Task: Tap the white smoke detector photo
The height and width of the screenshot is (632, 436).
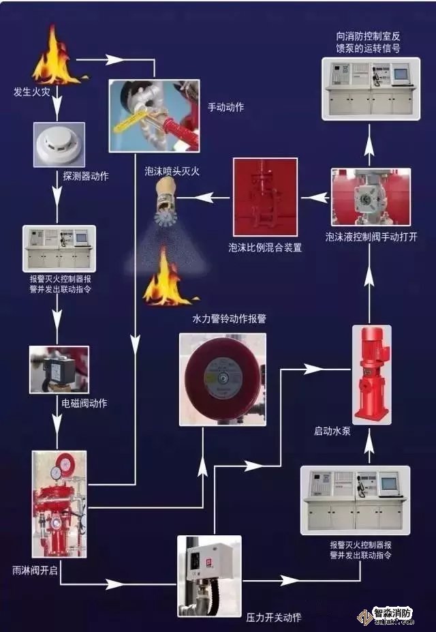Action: pos(59,144)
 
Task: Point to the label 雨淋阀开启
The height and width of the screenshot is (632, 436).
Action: pos(31,568)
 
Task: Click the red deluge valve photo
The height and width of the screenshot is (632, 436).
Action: pos(59,503)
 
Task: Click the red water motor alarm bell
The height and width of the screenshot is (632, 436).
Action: pos(222,378)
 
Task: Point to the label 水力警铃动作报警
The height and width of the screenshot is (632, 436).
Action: pos(230,318)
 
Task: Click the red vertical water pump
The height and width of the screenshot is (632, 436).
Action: pos(371,374)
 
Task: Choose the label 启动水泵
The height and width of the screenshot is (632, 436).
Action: pos(332,431)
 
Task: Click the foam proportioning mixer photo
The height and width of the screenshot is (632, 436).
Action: pos(265,197)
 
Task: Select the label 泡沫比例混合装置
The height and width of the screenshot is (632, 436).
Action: pos(265,248)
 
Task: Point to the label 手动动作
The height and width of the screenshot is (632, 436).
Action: pos(225,107)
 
